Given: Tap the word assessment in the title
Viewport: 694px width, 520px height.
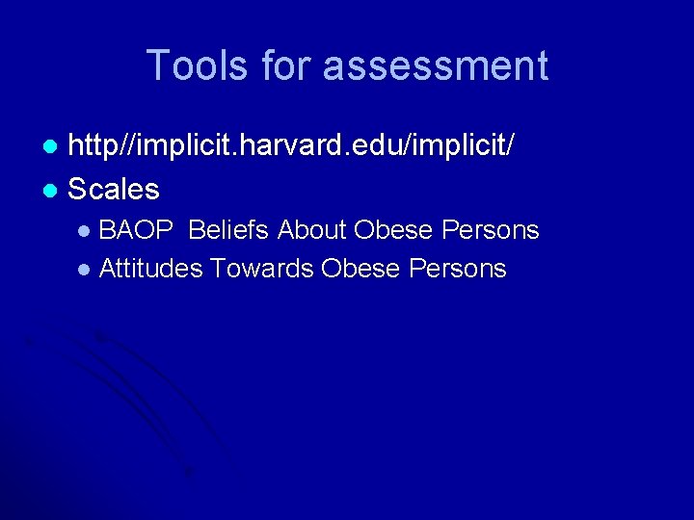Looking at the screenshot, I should pyautogui.click(x=436, y=65).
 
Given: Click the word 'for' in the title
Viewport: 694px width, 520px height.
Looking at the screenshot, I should pyautogui.click(x=288, y=65).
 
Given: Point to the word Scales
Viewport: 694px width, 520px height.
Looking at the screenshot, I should pyautogui.click(x=114, y=189).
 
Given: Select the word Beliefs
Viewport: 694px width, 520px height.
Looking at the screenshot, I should pyautogui.click(x=230, y=230).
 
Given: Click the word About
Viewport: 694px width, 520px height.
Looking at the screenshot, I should pyautogui.click(x=312, y=230).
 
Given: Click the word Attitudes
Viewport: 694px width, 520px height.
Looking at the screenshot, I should pyautogui.click(x=150, y=268).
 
